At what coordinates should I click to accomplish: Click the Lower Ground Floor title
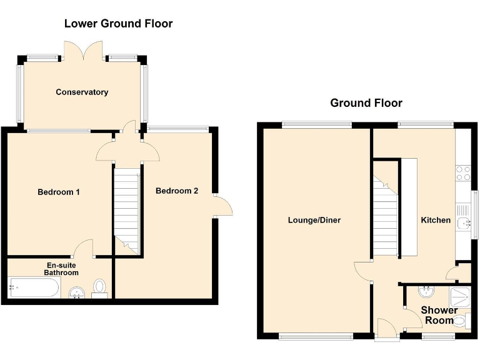point(118,24)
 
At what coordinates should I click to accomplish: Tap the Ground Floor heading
point(366,103)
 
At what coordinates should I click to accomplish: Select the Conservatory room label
point(82,92)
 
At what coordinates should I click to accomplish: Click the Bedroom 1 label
point(59,192)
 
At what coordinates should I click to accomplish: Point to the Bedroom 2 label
point(177,191)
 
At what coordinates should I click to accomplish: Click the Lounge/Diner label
point(314,220)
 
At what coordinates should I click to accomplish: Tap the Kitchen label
point(436,220)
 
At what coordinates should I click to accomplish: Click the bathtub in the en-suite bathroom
point(34,289)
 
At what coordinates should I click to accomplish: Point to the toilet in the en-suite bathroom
point(100,288)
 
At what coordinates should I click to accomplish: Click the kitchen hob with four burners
point(463,173)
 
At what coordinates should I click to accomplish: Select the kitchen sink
point(463,223)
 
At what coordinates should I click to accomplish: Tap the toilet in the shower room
point(460,321)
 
